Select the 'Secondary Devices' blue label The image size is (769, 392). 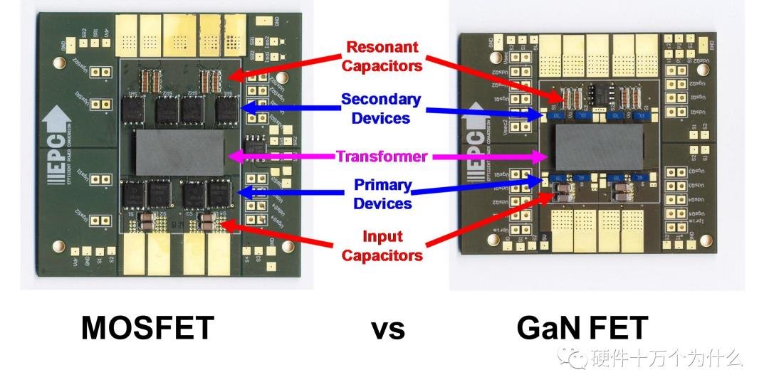point(381,108)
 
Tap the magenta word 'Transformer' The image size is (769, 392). point(382,156)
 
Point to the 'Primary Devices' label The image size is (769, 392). point(383,194)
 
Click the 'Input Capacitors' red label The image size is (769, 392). point(382,245)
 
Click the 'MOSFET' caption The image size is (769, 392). point(147,328)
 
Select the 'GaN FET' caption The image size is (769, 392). point(582,328)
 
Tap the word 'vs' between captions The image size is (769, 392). point(387,329)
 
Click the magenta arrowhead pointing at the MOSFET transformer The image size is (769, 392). point(231,156)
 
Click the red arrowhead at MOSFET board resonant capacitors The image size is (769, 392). point(233,74)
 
